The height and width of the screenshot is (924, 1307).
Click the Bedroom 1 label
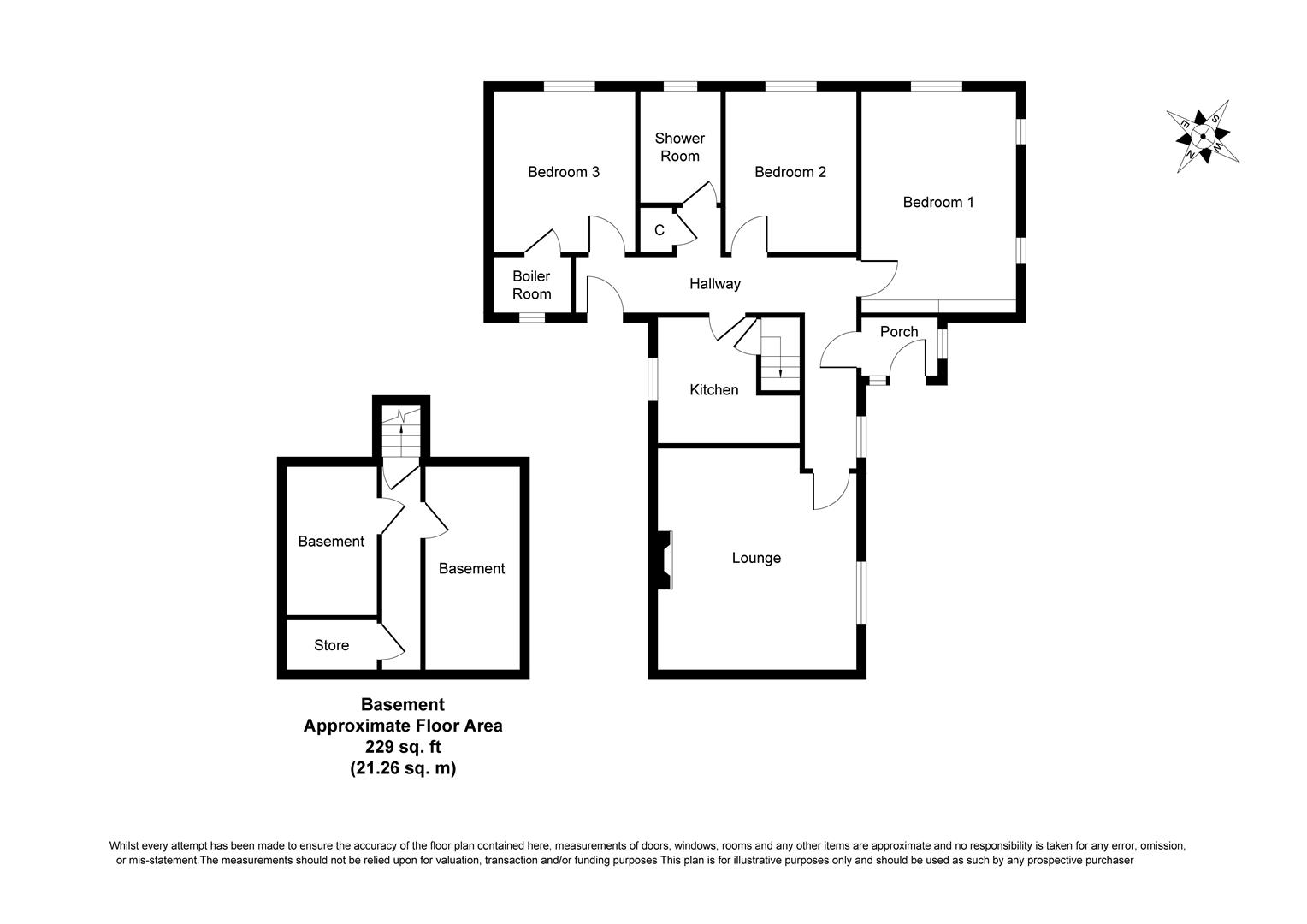pyautogui.click(x=938, y=203)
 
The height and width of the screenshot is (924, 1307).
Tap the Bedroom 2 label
pyautogui.click(x=790, y=172)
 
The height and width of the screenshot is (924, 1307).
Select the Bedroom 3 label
pyautogui.click(x=563, y=172)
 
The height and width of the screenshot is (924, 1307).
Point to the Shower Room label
pyautogui.click(x=679, y=147)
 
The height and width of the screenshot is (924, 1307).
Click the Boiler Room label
pyautogui.click(x=531, y=285)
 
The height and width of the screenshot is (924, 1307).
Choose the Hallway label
pyautogui.click(x=715, y=284)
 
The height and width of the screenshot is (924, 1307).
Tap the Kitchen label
pyautogui.click(x=713, y=390)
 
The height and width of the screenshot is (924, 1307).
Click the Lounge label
pyautogui.click(x=756, y=559)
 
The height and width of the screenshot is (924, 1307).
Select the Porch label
pyautogui.click(x=899, y=332)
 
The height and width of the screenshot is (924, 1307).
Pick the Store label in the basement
pyautogui.click(x=331, y=646)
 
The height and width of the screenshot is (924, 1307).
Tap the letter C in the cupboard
pyautogui.click(x=659, y=231)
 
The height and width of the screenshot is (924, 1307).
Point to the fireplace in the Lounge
pyautogui.click(x=665, y=560)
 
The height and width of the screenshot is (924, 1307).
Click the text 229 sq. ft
pyautogui.click(x=403, y=747)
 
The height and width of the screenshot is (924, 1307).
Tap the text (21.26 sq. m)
pyautogui.click(x=403, y=768)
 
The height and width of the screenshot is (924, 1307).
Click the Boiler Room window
pyautogui.click(x=532, y=317)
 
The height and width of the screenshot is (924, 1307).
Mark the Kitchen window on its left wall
pyautogui.click(x=653, y=378)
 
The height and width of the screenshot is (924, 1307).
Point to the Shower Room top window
pyautogui.click(x=679, y=86)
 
